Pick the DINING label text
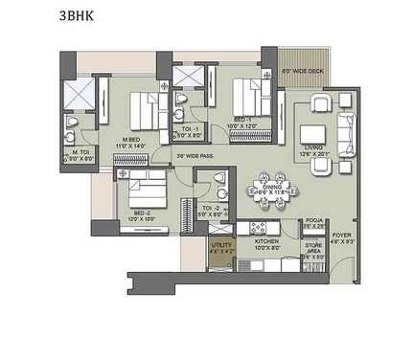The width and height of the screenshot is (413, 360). (275, 187)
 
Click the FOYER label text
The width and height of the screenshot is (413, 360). (342, 235)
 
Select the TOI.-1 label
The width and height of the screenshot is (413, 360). (190, 129)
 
